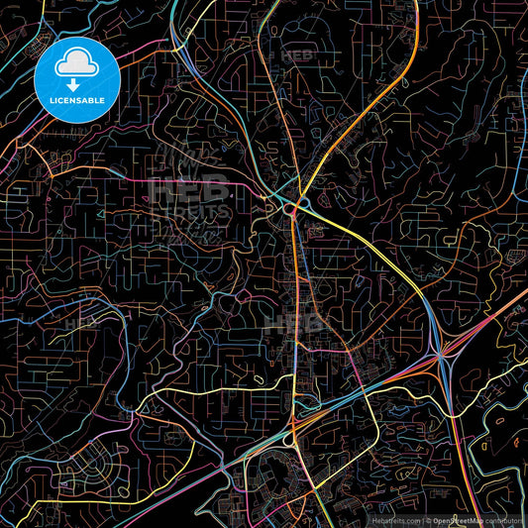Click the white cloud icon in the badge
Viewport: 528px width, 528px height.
(x=76, y=64)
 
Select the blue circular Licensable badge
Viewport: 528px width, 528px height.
(x=76, y=78)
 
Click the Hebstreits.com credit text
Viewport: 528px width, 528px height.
(x=397, y=519)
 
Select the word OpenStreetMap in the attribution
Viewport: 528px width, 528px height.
(x=457, y=519)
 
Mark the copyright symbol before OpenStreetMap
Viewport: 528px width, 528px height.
(x=428, y=519)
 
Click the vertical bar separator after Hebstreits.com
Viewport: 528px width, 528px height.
(x=422, y=519)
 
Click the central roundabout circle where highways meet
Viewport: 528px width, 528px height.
(x=289, y=210)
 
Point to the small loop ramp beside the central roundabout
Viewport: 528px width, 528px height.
(x=303, y=204)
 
